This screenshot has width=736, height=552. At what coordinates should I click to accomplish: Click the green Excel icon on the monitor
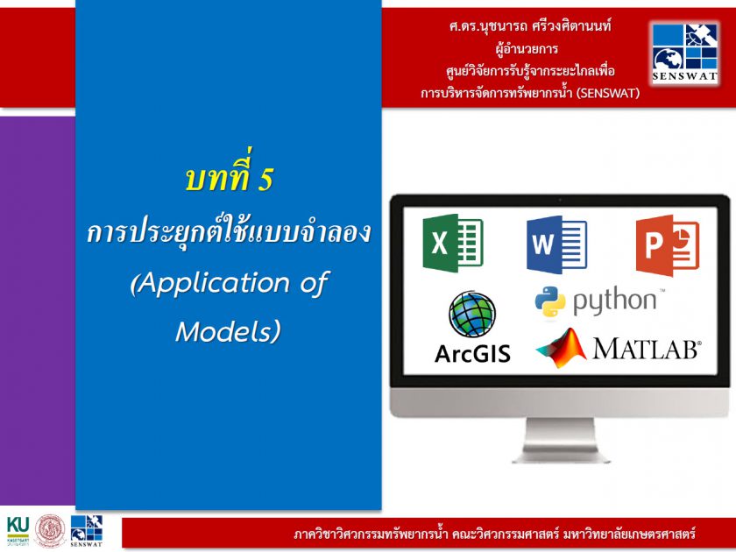click(x=453, y=244)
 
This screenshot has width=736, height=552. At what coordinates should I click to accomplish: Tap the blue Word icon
click(x=556, y=244)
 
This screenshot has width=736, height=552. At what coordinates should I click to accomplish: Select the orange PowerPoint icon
click(x=668, y=245)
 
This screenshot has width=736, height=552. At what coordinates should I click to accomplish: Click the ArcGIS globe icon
click(x=471, y=314)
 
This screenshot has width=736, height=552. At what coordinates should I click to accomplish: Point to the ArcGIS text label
click(x=472, y=353)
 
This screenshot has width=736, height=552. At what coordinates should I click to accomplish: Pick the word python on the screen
click(x=614, y=301)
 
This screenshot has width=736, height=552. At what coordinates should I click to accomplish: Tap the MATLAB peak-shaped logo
click(x=562, y=348)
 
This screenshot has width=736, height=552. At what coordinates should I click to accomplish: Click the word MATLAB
click(x=646, y=349)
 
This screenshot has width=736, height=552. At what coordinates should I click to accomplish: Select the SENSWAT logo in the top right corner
click(x=685, y=53)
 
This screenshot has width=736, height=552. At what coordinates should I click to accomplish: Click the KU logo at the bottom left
click(x=18, y=531)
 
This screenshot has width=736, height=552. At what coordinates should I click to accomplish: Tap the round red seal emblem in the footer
click(x=50, y=531)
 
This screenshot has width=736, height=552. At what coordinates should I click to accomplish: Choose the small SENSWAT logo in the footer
click(x=87, y=531)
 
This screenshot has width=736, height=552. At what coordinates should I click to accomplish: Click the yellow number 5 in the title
click(x=265, y=180)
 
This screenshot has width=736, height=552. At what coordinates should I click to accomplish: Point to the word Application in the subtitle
click(x=210, y=284)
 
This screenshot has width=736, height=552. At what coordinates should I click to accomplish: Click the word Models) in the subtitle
click(x=228, y=331)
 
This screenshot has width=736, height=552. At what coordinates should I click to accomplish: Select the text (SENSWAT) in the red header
click(x=608, y=93)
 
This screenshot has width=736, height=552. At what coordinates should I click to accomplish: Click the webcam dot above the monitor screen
click(x=560, y=201)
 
